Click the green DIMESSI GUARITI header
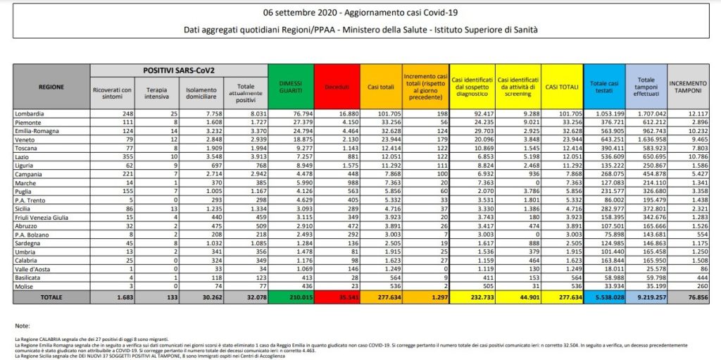tap(290, 87)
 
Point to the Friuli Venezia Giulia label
tap(44, 218)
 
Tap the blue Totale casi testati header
tap(603, 87)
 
